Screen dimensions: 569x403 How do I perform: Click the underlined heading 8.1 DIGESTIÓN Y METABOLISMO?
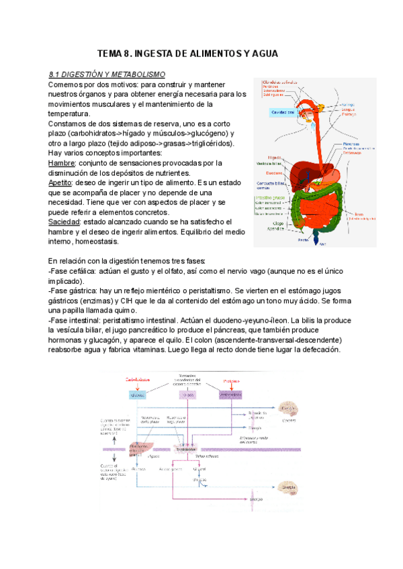[x=107, y=74]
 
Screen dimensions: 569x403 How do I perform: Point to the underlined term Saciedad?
[x=66, y=221]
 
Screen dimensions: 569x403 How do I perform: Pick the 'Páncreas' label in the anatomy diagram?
[x=351, y=144]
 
